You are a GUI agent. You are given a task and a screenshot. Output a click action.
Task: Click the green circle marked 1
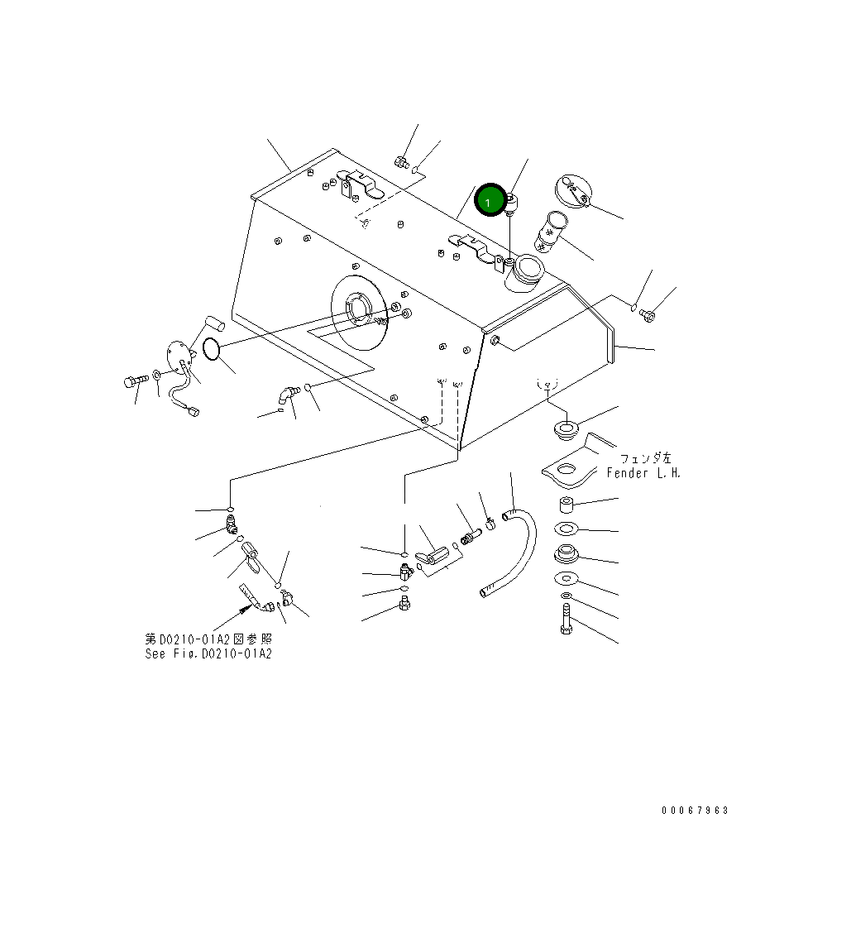click(489, 201)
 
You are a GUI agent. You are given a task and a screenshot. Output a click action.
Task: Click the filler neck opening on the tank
click(525, 270)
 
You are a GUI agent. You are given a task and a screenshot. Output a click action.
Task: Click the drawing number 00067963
click(695, 811)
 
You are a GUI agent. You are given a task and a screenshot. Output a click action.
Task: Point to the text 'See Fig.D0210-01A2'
click(208, 653)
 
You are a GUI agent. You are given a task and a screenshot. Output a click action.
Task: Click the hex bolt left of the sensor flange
click(130, 382)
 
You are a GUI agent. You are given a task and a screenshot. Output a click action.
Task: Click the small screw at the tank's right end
click(648, 314)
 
